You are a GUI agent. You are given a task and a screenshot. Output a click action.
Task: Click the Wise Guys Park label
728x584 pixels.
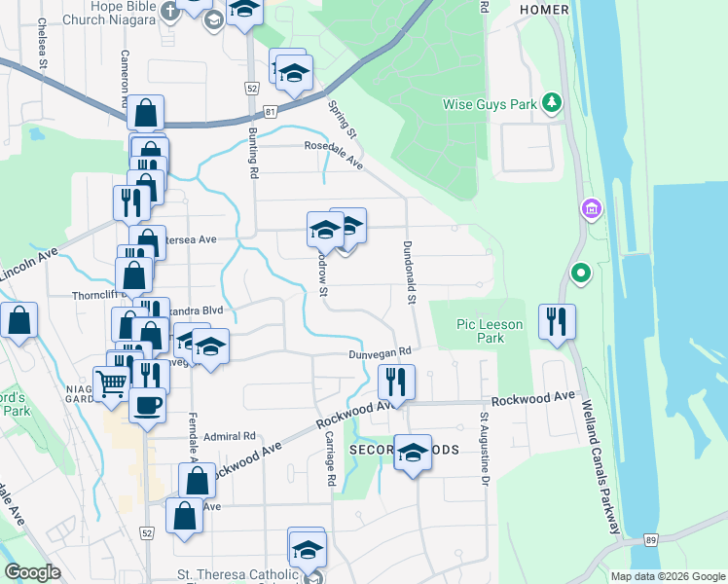click(x=491, y=104)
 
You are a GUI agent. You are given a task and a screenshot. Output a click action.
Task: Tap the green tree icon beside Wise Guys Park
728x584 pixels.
click(x=552, y=101)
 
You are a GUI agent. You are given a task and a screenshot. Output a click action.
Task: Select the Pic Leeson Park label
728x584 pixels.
click(x=490, y=331)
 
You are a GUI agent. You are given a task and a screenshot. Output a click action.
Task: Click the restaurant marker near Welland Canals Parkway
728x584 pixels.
click(x=557, y=322)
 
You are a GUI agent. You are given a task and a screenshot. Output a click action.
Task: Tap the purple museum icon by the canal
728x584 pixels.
click(x=590, y=209)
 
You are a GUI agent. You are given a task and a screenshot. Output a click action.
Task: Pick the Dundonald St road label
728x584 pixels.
click(x=411, y=272)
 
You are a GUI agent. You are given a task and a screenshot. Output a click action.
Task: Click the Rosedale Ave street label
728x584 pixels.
click(x=334, y=157)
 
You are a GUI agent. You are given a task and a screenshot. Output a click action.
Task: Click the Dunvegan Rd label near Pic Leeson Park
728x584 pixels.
click(x=381, y=352)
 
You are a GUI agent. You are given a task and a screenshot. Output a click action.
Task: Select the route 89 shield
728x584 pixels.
click(x=649, y=539)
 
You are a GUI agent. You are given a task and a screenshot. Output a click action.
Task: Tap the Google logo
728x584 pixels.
click(x=33, y=572)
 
